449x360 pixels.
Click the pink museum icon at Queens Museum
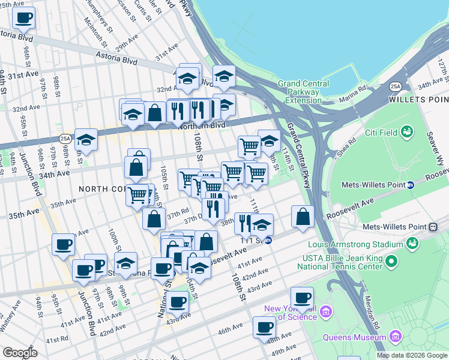(x=394, y=335)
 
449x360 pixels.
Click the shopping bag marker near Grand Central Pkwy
(x=304, y=217)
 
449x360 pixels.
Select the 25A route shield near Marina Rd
(x=395, y=86)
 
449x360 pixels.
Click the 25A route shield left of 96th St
(x=65, y=139)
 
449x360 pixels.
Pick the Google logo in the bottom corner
(x=20, y=353)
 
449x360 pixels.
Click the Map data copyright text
(x=412, y=355)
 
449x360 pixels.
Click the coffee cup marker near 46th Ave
(x=264, y=328)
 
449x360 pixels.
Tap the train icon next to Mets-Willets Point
(x=432, y=227)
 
